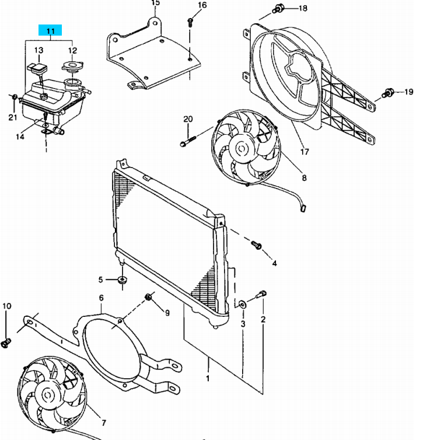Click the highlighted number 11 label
pyautogui.click(x=51, y=30)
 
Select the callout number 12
pyautogui.click(x=72, y=51)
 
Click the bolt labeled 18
pyautogui.click(x=278, y=9)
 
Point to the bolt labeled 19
pyautogui.click(x=387, y=93)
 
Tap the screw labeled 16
pyautogui.click(x=190, y=22)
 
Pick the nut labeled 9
pyautogui.click(x=148, y=298)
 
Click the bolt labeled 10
pyautogui.click(x=7, y=342)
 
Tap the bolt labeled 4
pyautogui.click(x=257, y=245)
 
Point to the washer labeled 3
pyautogui.click(x=241, y=303)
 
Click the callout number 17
pyautogui.click(x=303, y=153)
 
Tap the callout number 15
pyautogui.click(x=156, y=4)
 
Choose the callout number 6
pyautogui.click(x=101, y=298)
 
